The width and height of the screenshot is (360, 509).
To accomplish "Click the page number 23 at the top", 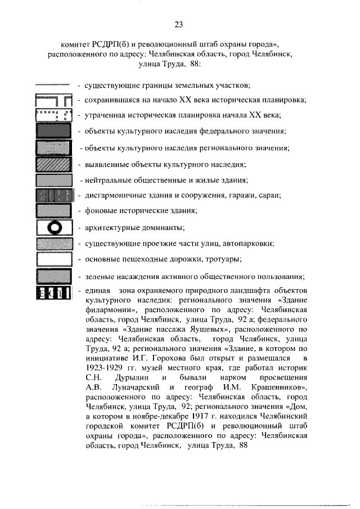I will coord(179,25).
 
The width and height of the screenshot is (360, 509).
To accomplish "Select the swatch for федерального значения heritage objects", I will coord(54,132).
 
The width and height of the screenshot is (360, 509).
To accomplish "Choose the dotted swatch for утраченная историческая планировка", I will coord(54,116).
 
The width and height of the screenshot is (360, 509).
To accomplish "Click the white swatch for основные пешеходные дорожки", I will coord(54,259).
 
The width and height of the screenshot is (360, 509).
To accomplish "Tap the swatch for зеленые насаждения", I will coord(54,277).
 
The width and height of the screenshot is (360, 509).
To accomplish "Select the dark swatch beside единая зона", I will coord(54,292).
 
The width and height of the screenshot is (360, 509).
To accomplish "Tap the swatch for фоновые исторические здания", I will coord(54,211).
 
